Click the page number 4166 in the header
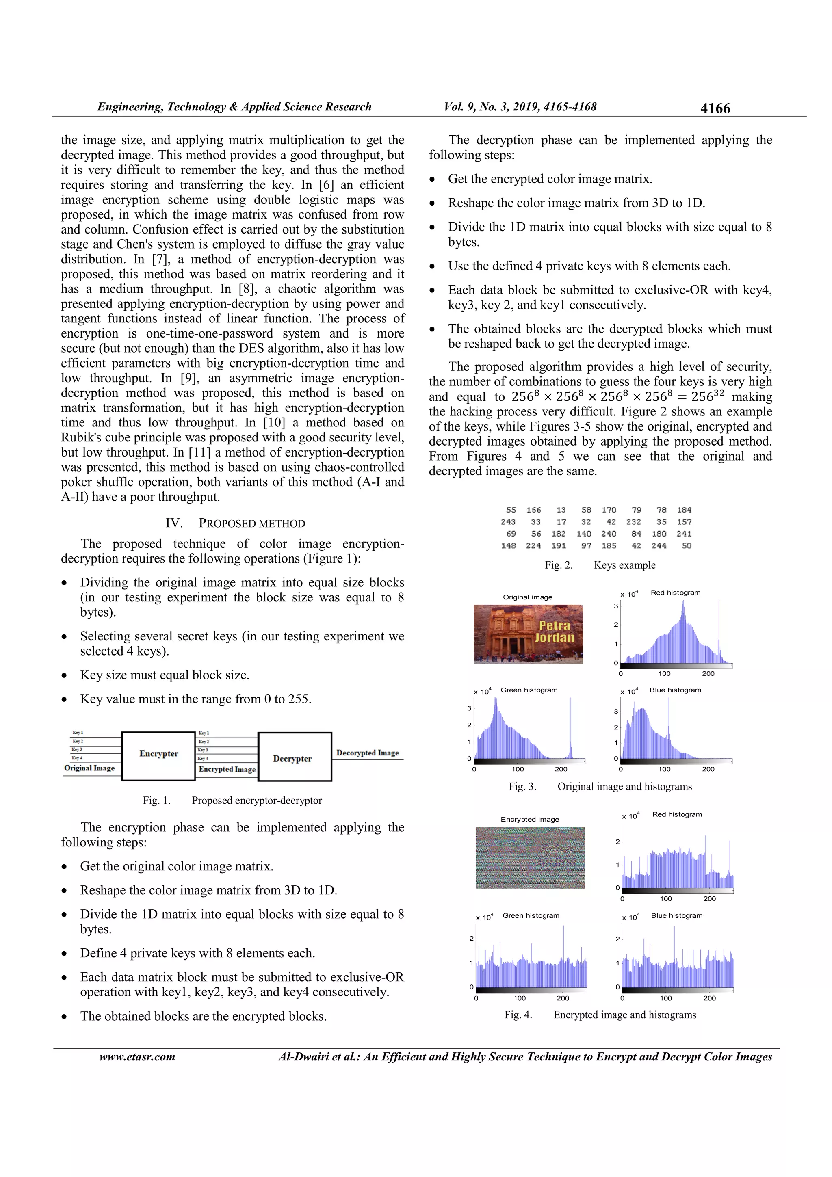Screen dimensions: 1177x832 [715, 108]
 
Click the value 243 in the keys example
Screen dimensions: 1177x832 [508, 522]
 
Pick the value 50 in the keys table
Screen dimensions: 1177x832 [687, 546]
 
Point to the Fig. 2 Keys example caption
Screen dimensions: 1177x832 [600, 565]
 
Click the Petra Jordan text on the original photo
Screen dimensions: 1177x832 [554, 632]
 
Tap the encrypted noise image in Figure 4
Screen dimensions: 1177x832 [530, 858]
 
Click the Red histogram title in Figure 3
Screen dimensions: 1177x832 [675, 593]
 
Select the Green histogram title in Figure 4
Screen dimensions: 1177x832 [531, 915]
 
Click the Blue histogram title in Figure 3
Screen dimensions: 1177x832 [675, 690]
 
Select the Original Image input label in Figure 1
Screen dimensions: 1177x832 [89, 768]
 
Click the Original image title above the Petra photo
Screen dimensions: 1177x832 [527, 597]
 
